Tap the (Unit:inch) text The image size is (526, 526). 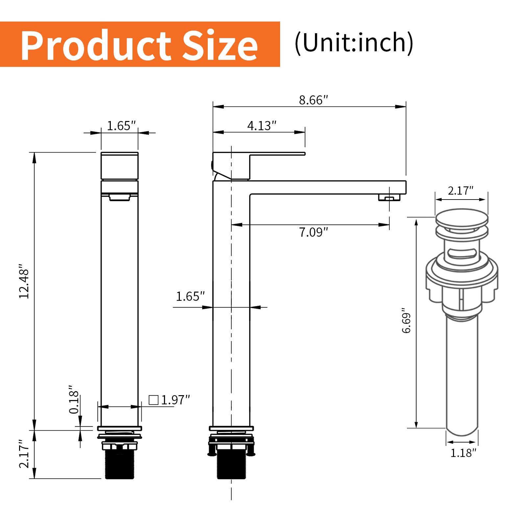click(x=354, y=43)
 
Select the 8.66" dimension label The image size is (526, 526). click(x=313, y=100)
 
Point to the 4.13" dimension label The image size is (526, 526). click(x=262, y=126)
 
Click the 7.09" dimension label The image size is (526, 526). click(x=313, y=232)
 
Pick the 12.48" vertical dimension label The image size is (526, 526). click(x=25, y=281)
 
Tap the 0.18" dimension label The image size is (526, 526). click(x=74, y=400)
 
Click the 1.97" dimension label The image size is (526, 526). click(x=176, y=400)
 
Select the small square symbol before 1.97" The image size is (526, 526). click(x=153, y=400)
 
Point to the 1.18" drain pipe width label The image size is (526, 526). click(x=463, y=453)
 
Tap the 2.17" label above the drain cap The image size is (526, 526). click(x=460, y=191)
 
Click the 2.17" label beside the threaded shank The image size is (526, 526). click(x=25, y=454)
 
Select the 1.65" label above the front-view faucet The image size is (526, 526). click(x=121, y=126)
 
